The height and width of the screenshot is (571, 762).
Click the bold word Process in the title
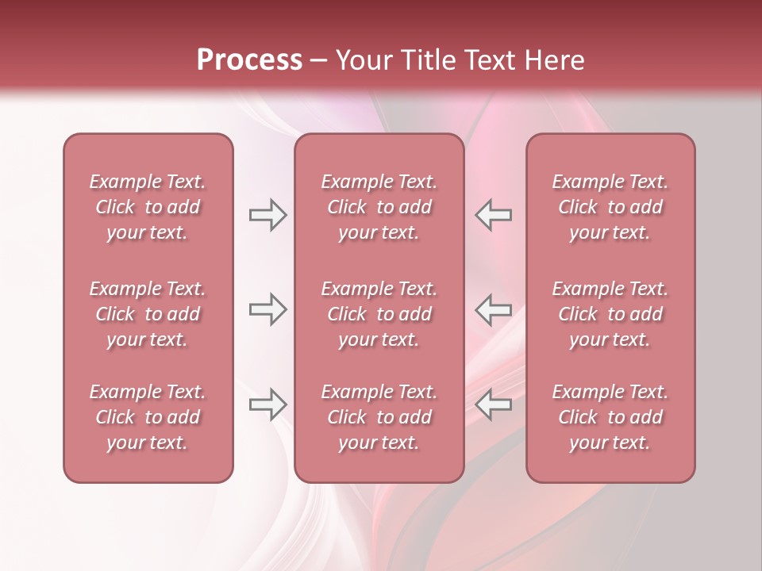[x=249, y=60]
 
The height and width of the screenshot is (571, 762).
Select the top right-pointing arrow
[x=268, y=215]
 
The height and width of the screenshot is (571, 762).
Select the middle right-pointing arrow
[x=268, y=309]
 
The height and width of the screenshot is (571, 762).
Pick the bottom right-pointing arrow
[x=268, y=404]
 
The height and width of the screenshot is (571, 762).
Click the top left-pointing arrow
[x=493, y=215]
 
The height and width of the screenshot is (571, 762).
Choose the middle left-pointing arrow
[x=493, y=309]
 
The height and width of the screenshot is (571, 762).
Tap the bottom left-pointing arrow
[x=493, y=404]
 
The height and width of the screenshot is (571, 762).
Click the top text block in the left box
[x=148, y=207]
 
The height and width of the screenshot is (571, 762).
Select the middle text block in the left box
[x=148, y=314]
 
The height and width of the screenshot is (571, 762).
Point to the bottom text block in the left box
[x=148, y=417]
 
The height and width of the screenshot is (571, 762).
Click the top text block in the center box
[x=379, y=207]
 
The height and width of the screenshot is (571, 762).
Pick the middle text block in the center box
[x=379, y=314]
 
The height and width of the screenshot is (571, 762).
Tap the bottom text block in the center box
[x=379, y=417]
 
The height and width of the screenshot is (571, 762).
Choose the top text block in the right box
[x=610, y=207]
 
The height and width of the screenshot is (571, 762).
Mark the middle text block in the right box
[x=610, y=314]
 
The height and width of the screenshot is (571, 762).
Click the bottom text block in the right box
[x=610, y=417]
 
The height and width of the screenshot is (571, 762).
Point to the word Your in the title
[x=362, y=60]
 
